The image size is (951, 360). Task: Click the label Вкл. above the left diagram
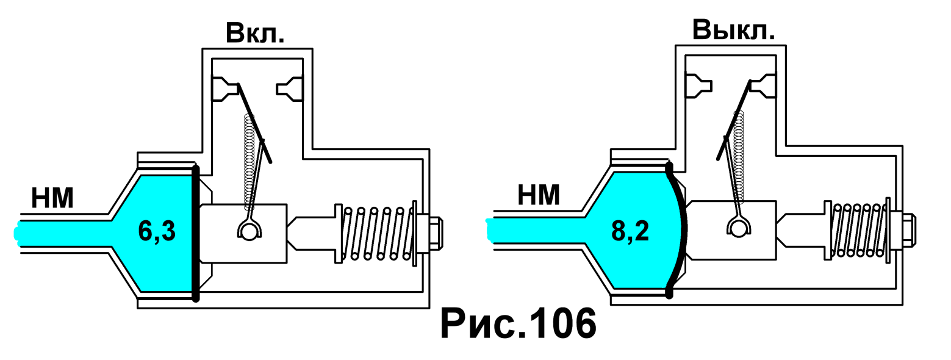pyautogui.click(x=255, y=33)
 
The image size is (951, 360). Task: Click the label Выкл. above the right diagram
pyautogui.click(x=733, y=30)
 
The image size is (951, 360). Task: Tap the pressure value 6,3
pyautogui.click(x=157, y=231)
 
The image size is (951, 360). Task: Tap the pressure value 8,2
pyautogui.click(x=630, y=231)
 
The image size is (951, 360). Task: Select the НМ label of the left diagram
pyautogui.click(x=52, y=198)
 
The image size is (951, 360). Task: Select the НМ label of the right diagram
pyautogui.click(x=539, y=195)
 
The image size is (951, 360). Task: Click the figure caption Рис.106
pyautogui.click(x=519, y=324)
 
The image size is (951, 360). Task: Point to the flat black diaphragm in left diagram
pyautogui.click(x=196, y=233)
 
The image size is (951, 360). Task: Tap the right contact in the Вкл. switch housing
pyautogui.click(x=290, y=88)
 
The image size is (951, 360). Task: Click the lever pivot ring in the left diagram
pyautogui.click(x=249, y=229)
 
